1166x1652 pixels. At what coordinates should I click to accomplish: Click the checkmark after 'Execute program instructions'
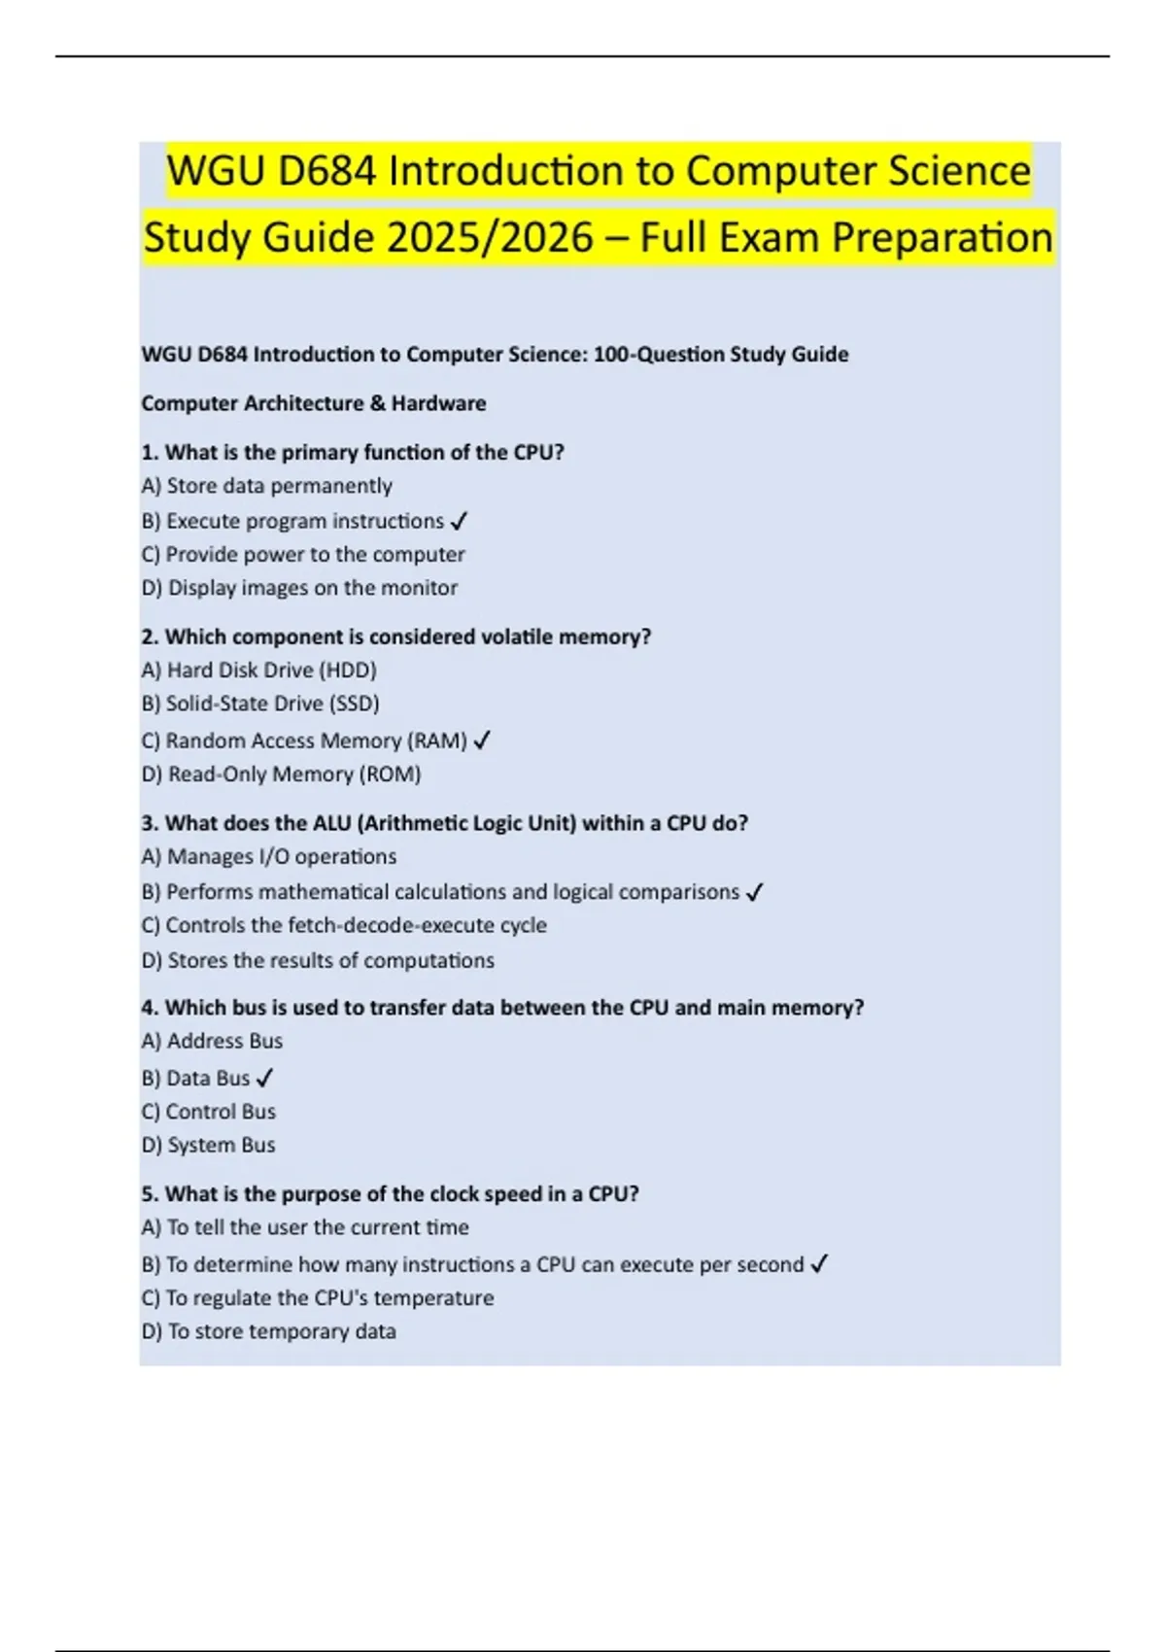460,522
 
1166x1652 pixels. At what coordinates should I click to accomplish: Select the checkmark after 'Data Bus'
265,1079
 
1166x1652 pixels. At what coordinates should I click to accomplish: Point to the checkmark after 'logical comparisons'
755,893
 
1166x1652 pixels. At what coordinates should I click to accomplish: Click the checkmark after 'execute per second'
819,1265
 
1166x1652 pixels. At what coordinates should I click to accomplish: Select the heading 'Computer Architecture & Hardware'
314,403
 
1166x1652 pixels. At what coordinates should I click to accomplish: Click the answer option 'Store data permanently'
279,486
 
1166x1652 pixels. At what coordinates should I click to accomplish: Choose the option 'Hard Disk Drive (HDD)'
271,671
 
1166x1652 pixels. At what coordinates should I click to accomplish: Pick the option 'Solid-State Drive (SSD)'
272,704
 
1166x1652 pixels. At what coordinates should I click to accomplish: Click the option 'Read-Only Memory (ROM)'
293,774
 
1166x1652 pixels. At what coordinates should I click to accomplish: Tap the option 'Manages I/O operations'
281,857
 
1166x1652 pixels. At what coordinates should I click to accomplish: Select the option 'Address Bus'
224,1042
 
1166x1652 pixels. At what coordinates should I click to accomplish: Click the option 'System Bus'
221,1146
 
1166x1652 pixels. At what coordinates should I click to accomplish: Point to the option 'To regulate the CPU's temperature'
329,1298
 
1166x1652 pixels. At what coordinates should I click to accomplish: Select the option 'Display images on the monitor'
312,588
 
